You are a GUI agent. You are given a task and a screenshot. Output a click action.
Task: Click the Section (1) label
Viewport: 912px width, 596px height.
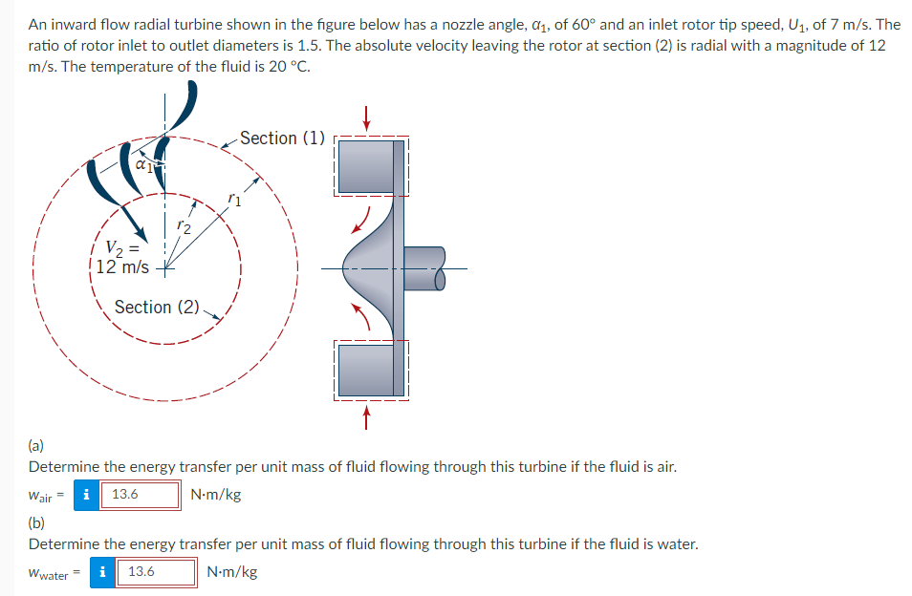282,138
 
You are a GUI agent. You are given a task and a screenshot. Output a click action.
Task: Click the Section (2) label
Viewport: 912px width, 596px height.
157,307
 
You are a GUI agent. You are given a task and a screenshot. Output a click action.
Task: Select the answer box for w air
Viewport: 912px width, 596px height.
141,495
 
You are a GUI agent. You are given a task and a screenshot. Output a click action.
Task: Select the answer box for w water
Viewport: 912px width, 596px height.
158,572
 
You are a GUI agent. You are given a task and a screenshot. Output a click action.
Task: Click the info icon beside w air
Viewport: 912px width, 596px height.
88,495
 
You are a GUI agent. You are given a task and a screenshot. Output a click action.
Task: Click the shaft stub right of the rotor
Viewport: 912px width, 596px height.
425,266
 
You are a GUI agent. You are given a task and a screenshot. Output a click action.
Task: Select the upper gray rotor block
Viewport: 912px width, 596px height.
366,167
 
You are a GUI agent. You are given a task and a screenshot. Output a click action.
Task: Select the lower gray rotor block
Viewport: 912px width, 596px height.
366,368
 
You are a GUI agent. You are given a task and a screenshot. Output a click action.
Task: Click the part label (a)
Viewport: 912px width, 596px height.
37,444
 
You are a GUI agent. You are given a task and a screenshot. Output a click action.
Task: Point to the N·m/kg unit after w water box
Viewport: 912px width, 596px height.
231,572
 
